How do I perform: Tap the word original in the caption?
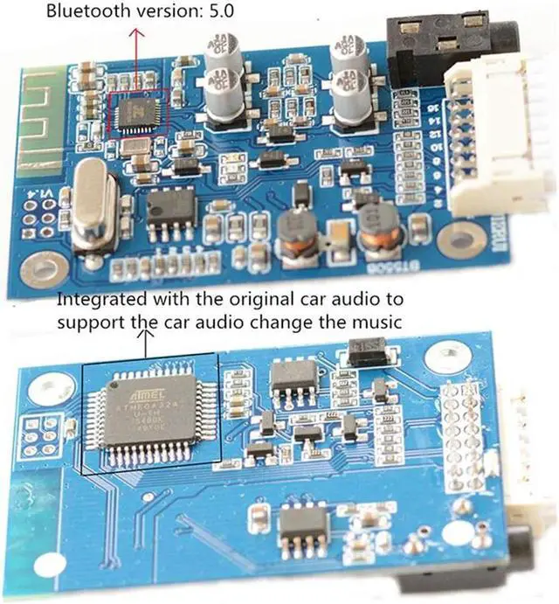click(271, 299)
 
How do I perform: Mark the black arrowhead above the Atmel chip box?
click(144, 335)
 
